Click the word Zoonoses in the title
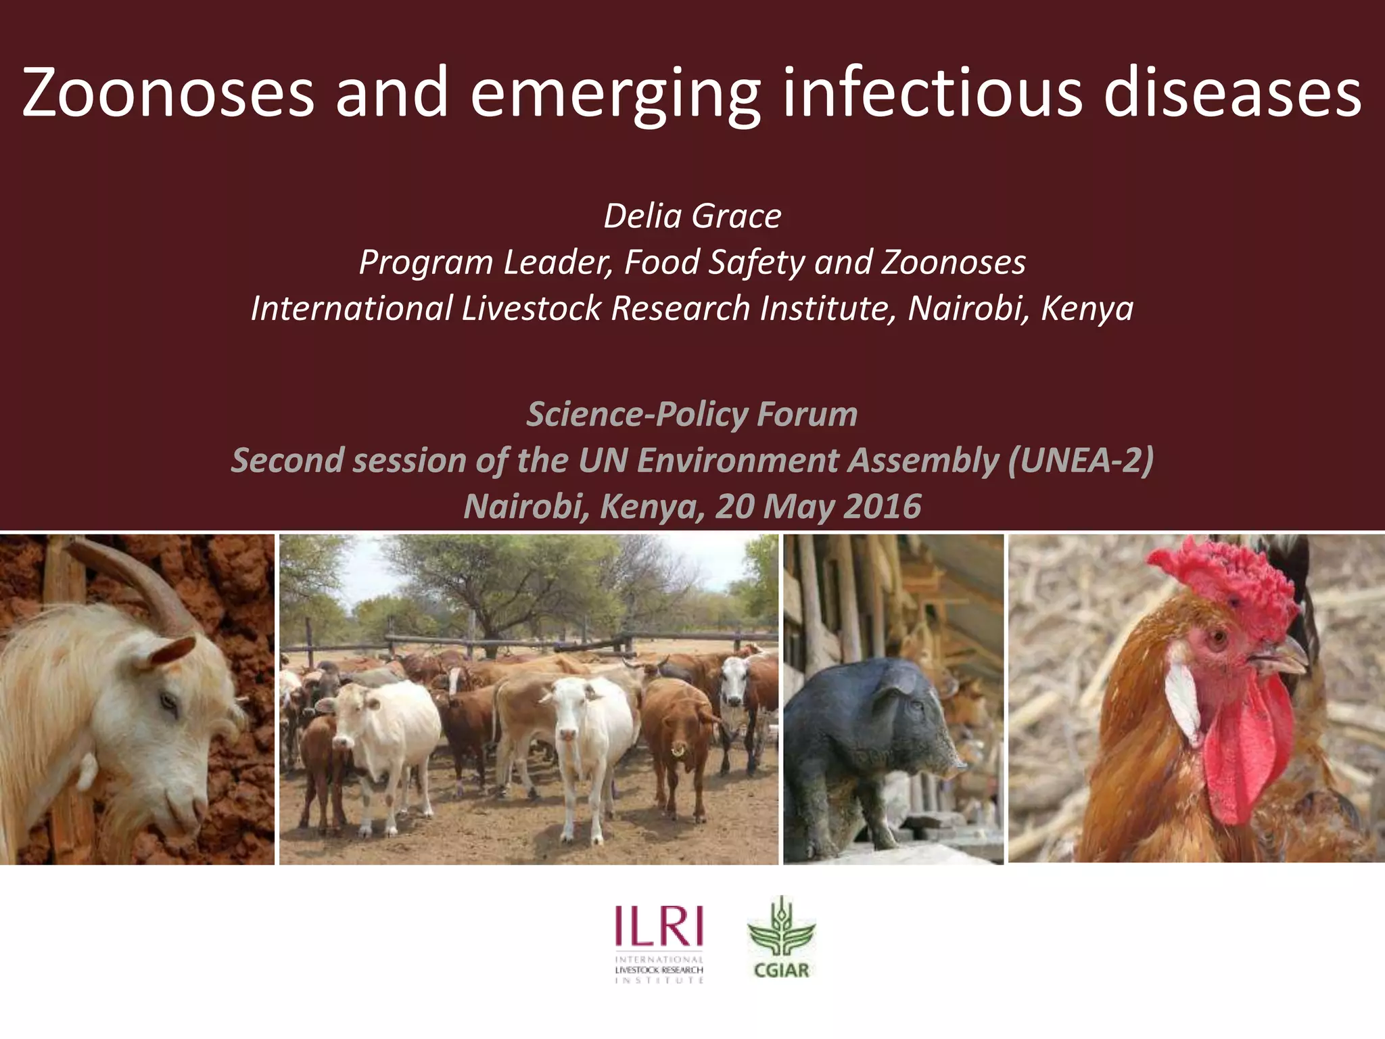168,93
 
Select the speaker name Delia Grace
692,216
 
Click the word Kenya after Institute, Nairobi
1087,308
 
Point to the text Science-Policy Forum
692,414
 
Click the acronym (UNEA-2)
1080,461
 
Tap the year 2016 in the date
883,507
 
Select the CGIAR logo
781,938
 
